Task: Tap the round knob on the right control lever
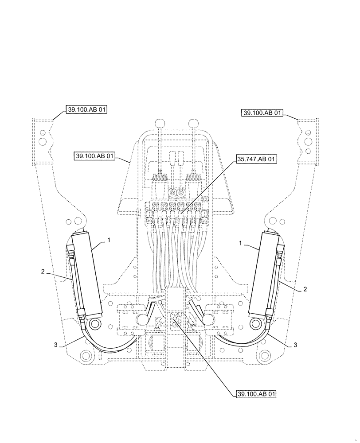[193, 123]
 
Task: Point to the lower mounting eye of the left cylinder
[94, 325]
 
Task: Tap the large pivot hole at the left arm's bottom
[85, 356]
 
